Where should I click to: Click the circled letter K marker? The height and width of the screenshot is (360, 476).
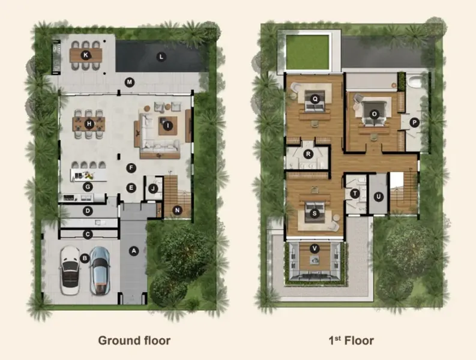coord(86,55)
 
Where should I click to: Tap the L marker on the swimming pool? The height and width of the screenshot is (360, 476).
coord(161,56)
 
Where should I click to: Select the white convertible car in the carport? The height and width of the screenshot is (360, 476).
coord(70,270)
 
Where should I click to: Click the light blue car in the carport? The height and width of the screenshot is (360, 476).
coord(100,271)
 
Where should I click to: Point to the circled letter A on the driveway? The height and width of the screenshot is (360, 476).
coord(134,251)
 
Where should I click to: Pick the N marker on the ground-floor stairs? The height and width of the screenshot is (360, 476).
coord(177,210)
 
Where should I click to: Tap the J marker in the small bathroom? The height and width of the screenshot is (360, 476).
coord(153,189)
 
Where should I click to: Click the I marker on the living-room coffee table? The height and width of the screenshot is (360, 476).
coord(167,125)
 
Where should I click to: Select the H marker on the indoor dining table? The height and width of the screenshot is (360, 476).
coord(89,124)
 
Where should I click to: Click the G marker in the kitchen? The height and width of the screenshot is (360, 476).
coord(88,187)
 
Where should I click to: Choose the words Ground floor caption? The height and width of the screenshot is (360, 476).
coord(134,341)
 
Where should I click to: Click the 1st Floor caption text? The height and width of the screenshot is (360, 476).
coord(351,341)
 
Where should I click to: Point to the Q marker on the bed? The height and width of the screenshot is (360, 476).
coord(315,98)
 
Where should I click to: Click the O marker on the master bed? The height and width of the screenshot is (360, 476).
coord(374,114)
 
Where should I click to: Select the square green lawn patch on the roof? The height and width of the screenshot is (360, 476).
coord(308,52)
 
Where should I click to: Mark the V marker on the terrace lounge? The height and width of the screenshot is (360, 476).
coord(315,249)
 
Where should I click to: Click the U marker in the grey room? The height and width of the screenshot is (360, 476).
coord(378,197)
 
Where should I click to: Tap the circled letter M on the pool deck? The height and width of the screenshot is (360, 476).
coord(130,82)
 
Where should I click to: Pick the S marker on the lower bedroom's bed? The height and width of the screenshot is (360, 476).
coord(315,214)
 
